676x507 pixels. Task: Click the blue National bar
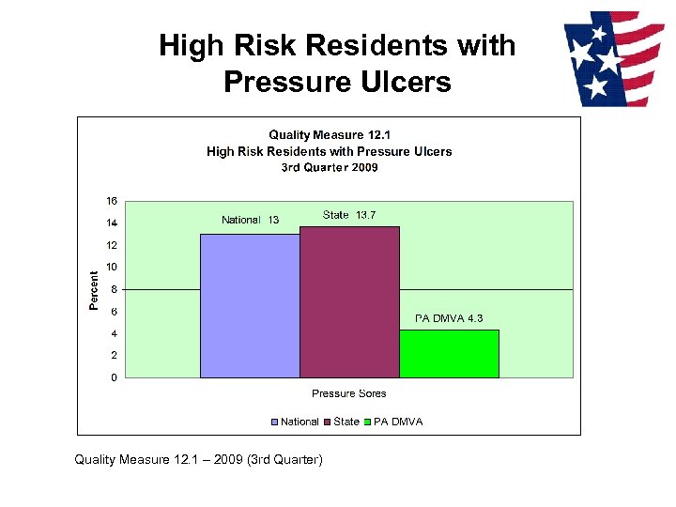[250, 306]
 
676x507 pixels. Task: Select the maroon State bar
[349, 302]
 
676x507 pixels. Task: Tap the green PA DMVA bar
[449, 354]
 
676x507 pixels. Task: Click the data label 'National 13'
[250, 220]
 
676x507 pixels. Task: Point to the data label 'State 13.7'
[349, 215]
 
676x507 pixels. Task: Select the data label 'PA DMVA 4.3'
[449, 318]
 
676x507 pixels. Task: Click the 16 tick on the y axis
[112, 201]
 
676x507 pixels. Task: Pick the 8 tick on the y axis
[114, 289]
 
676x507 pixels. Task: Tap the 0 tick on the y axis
[114, 377]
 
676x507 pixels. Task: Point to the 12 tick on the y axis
[112, 245]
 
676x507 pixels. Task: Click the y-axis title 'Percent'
[94, 290]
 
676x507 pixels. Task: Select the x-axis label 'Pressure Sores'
[348, 393]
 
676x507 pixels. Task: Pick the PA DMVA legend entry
[393, 422]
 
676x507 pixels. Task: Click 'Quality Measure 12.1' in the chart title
[329, 136]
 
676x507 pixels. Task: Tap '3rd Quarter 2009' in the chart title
[329, 167]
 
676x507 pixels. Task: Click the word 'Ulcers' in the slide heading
[407, 82]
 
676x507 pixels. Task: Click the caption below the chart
[199, 459]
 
